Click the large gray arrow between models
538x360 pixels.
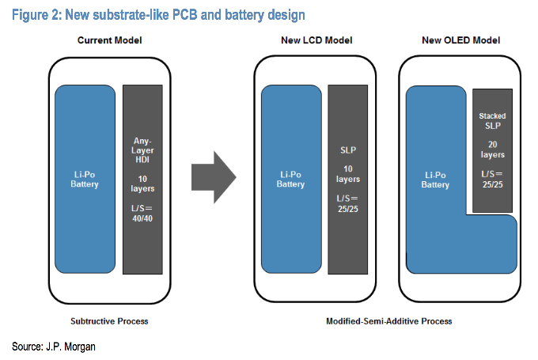point(213,176)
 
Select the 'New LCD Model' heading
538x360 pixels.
point(316,40)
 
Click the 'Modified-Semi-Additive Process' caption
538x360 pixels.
point(388,320)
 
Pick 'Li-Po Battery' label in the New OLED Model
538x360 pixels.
point(435,179)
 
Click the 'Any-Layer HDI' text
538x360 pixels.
point(144,153)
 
